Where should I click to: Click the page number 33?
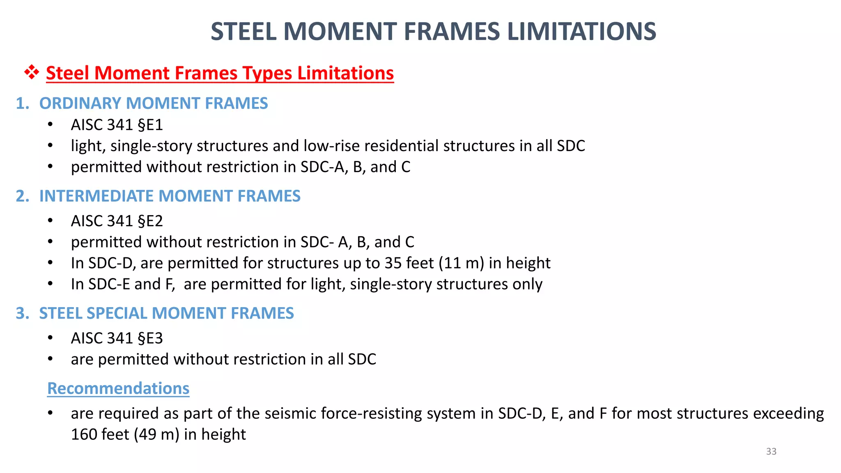click(771, 451)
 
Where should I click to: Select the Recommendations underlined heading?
click(118, 388)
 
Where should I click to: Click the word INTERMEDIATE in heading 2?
click(97, 196)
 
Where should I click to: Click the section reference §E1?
click(150, 125)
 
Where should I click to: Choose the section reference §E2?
click(150, 221)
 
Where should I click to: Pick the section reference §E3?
click(150, 338)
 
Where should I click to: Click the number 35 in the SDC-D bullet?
click(393, 263)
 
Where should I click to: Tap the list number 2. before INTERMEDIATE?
click(23, 196)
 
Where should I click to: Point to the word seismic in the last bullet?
click(291, 413)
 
